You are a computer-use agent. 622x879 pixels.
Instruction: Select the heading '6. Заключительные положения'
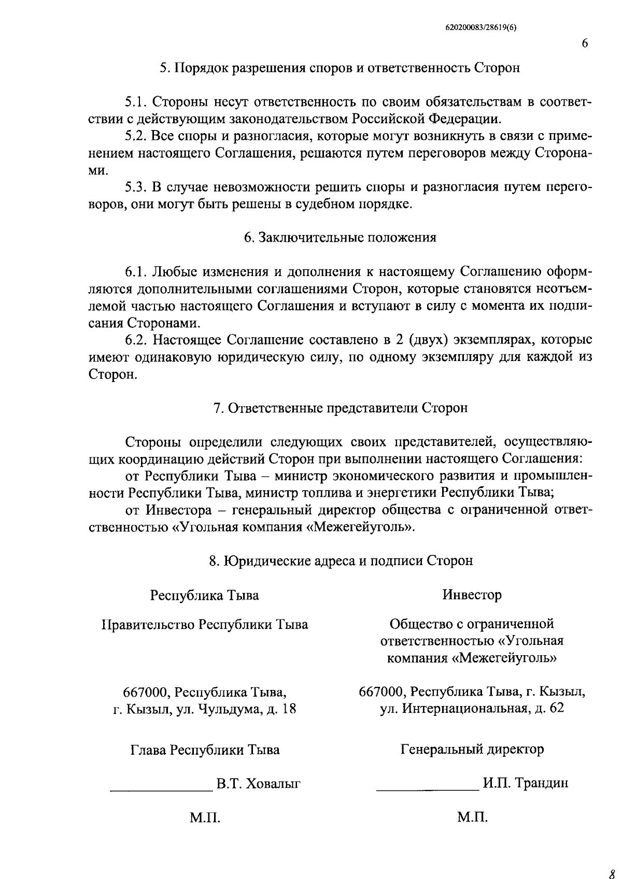coord(340,238)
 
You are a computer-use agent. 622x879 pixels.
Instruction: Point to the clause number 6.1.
coord(136,272)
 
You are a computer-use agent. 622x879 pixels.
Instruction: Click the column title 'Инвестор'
coord(472,595)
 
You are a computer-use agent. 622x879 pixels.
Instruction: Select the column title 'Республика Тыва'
coord(204,595)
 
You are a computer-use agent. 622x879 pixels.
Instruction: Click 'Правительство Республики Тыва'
coord(204,625)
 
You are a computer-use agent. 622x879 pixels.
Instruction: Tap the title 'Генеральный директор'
coord(472,749)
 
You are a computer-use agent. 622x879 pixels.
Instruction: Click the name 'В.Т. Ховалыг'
coord(259,784)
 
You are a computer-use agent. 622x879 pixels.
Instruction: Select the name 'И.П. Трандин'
coord(525,783)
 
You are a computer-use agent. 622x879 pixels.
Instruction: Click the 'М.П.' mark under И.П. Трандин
coord(472,818)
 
